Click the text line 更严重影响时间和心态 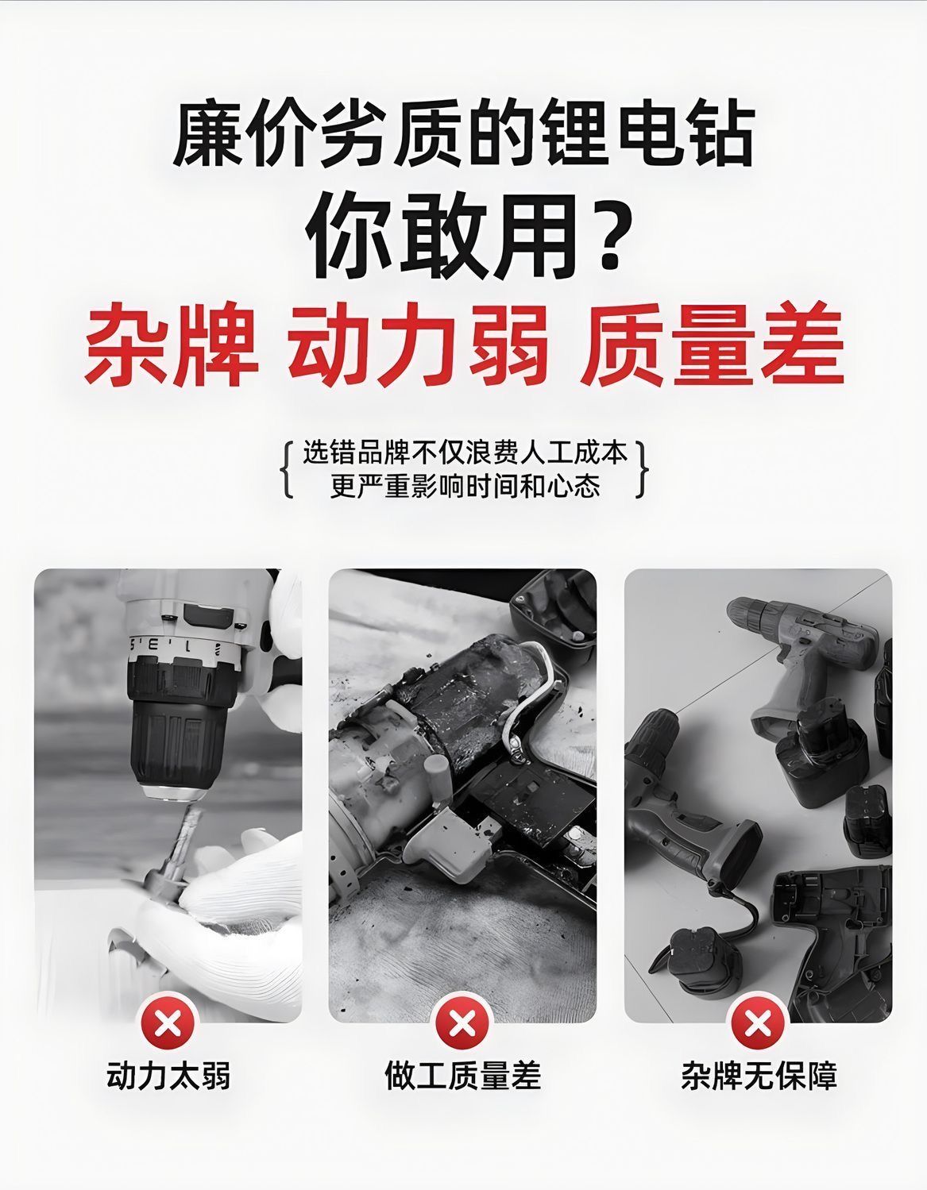pyautogui.click(x=465, y=485)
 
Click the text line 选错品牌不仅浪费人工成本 pyautogui.click(x=465, y=454)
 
